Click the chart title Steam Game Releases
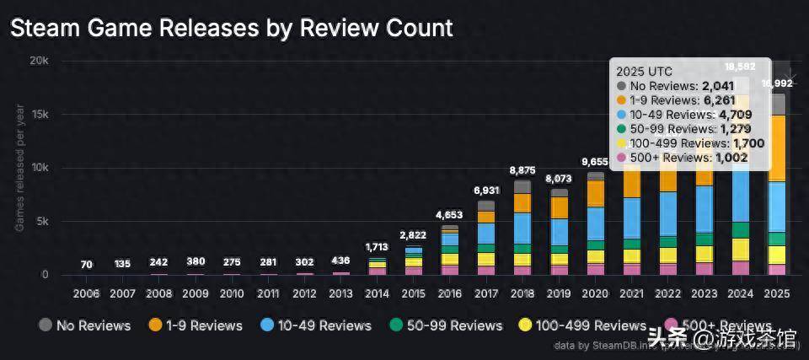click(231, 28)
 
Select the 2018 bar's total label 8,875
click(522, 170)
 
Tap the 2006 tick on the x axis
click(86, 293)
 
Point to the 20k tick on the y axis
click(38, 62)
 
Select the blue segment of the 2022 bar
click(668, 213)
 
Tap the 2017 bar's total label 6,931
click(486, 191)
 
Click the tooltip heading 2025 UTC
click(645, 72)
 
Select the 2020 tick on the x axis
click(595, 293)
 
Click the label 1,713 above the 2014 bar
click(377, 247)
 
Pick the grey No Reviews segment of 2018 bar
click(522, 186)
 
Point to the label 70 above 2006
click(86, 264)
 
